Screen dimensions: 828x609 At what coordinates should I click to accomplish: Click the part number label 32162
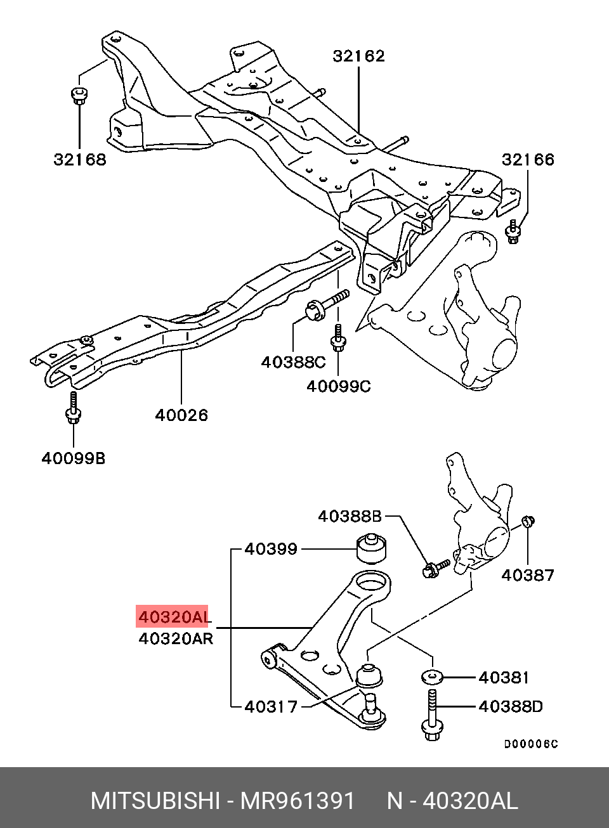(x=358, y=56)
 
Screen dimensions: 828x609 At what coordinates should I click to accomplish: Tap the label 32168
(x=79, y=159)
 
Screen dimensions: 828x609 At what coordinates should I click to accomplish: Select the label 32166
(x=528, y=159)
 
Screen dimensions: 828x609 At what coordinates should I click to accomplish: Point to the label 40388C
(x=293, y=362)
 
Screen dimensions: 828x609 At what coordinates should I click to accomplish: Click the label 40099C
(x=338, y=385)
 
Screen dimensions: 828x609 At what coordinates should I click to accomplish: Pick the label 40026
(x=181, y=415)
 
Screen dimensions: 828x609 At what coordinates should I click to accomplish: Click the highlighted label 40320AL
(x=173, y=616)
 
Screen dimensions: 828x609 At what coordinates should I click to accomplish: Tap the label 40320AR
(x=176, y=638)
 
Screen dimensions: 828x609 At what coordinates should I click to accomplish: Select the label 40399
(x=271, y=549)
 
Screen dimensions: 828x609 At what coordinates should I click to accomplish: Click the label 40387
(x=528, y=575)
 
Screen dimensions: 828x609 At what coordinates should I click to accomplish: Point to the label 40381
(x=504, y=677)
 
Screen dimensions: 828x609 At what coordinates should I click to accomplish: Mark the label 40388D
(x=511, y=706)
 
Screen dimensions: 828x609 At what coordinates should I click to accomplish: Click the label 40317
(x=271, y=706)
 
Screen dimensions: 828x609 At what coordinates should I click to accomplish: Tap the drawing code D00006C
(x=531, y=744)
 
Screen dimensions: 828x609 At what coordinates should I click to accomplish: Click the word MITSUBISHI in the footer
(x=155, y=801)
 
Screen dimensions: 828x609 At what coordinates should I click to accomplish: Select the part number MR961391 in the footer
(x=297, y=801)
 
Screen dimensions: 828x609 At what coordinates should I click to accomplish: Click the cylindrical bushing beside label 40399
(x=372, y=549)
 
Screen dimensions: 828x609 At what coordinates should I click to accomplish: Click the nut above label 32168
(x=79, y=96)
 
